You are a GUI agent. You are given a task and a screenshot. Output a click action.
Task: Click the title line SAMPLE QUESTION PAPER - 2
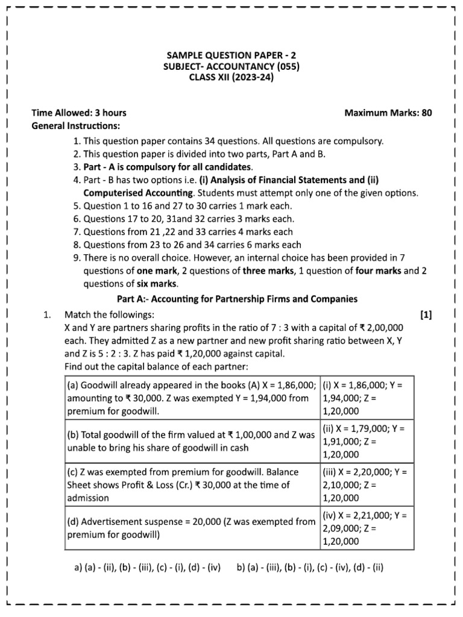coord(231,55)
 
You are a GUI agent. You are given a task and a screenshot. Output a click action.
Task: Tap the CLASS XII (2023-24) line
coord(231,78)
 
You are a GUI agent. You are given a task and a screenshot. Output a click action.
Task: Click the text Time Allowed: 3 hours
coord(79,113)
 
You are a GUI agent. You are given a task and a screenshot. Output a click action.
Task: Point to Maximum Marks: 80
coord(388,113)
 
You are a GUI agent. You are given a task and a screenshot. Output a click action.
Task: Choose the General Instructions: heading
coord(75,126)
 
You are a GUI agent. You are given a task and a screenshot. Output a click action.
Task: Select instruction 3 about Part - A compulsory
coord(163,167)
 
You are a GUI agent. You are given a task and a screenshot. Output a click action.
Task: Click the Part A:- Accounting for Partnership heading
coord(236,299)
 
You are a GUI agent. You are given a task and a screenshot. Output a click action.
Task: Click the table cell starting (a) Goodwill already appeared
coord(191,398)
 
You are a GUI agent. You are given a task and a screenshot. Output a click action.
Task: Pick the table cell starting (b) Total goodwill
coord(191,442)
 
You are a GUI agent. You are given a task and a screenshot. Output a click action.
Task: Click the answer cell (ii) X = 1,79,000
coord(367,442)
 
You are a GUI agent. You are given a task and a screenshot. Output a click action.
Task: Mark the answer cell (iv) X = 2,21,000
coord(367,528)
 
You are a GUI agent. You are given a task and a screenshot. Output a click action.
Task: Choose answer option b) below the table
coord(310,567)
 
